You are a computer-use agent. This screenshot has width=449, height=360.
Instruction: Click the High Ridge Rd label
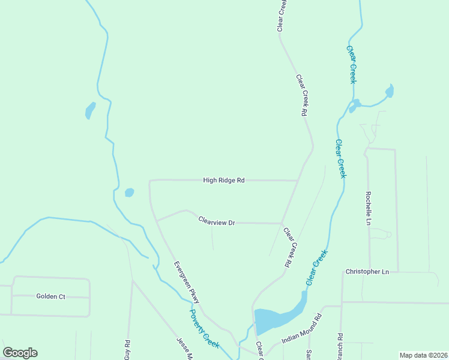pos(224,180)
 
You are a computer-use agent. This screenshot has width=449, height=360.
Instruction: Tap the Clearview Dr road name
pos(216,222)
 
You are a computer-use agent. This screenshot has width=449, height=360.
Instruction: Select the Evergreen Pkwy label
pos(186,281)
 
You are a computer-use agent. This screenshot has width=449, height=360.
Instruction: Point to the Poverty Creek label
pos(204,329)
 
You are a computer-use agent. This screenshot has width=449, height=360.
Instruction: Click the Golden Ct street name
pos(50,296)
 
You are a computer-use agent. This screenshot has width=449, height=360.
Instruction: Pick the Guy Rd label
pos(127,350)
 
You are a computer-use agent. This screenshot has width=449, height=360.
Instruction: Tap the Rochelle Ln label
pos(369,208)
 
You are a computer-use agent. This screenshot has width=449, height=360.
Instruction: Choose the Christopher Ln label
pos(367,272)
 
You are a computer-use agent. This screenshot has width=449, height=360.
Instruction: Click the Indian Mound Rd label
pos(302,331)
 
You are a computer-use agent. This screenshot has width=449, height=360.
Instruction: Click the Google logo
pos(20,353)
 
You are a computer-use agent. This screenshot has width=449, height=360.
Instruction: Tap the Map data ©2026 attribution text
pos(423,355)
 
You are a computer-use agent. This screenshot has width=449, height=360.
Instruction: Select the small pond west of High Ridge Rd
pos(129,193)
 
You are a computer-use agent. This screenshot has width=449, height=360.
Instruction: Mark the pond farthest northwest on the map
pos(90,110)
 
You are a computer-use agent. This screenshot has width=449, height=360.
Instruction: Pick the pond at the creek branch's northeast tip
pos(390,91)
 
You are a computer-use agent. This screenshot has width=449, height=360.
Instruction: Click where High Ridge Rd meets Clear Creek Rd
pos(298,180)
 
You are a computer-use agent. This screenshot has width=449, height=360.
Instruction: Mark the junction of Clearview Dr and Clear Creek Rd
pos(282,223)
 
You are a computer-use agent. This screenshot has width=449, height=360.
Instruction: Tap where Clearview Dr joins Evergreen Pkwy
pos(157,221)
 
